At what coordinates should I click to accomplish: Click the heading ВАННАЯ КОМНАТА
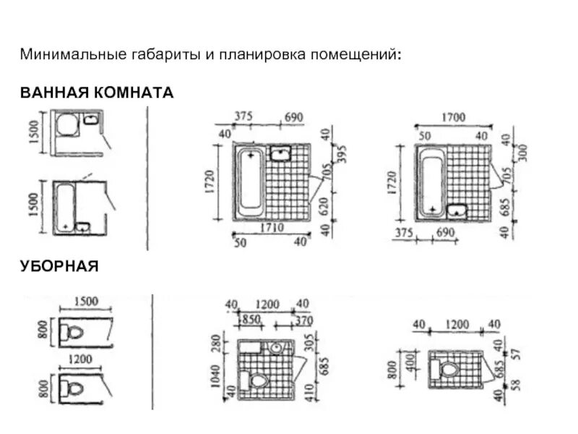pos(97,94)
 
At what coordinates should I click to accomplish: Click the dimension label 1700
pos(452,118)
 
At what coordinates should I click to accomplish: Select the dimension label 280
pos(215,343)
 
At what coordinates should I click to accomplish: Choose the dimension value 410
pos(308,391)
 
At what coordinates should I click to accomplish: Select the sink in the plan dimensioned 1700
pos(456,210)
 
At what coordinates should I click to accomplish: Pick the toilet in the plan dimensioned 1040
pos(256,380)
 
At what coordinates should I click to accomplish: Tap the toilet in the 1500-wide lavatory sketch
pos(73,333)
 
